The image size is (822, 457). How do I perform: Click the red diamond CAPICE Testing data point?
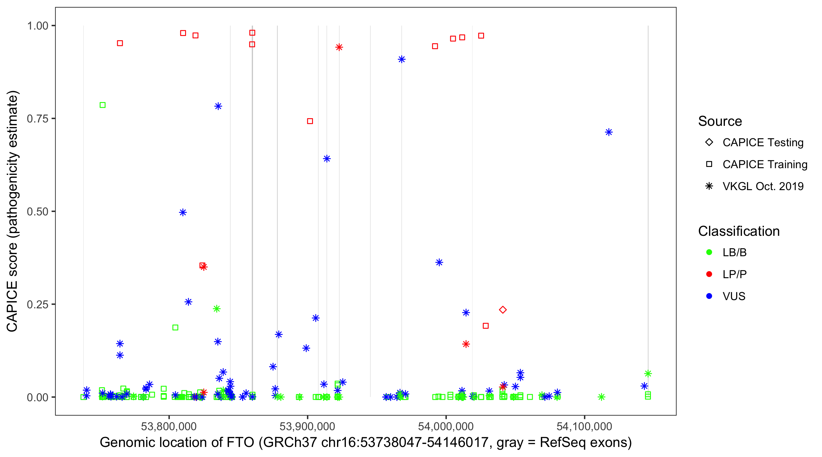click(503, 310)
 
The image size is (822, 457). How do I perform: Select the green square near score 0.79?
click(102, 105)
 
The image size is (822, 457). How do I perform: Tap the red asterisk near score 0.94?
click(339, 47)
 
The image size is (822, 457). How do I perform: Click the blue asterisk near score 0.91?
click(402, 59)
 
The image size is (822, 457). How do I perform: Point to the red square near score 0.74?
click(310, 121)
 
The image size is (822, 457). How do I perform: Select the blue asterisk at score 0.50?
click(183, 212)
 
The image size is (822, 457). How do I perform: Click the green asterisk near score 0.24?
click(217, 309)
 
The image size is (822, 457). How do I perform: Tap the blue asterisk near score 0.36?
click(439, 263)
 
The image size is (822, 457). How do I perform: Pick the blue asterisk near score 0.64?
click(327, 159)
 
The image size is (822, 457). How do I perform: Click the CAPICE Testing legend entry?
click(763, 143)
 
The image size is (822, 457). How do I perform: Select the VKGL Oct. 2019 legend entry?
click(763, 186)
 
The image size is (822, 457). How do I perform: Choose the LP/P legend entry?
click(734, 274)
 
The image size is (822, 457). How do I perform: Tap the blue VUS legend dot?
click(709, 296)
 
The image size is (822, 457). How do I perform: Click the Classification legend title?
click(739, 231)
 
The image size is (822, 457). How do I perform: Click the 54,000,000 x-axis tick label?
click(446, 426)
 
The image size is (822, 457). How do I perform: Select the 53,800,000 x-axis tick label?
click(169, 426)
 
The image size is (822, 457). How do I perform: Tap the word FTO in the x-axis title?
click(240, 443)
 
